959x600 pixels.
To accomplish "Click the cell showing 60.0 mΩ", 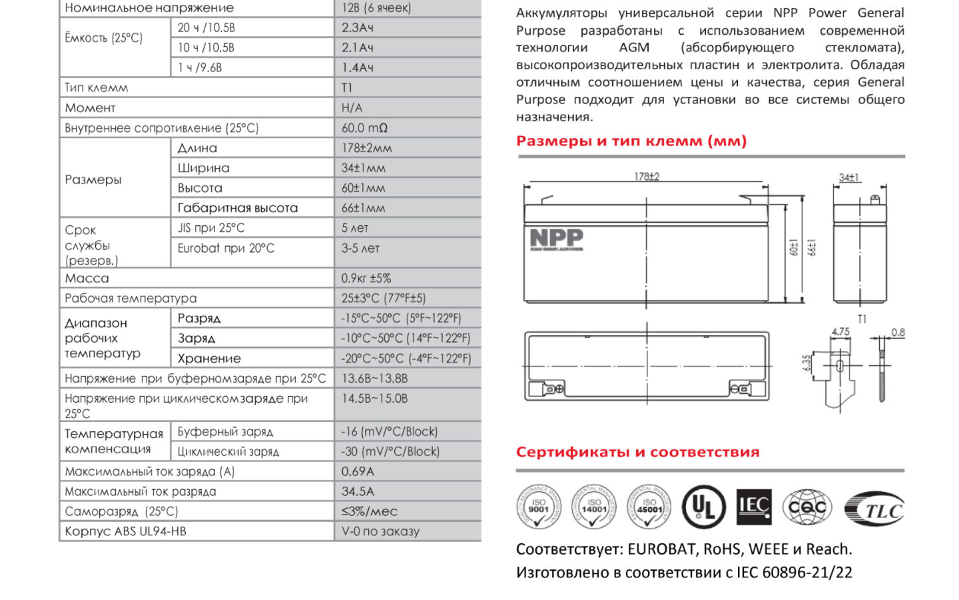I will click(364, 128).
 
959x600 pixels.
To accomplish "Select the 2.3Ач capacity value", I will click(358, 28).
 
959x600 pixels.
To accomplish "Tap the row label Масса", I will click(87, 278).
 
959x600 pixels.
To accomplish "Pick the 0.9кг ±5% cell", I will click(366, 278).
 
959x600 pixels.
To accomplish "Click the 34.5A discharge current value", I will click(358, 491).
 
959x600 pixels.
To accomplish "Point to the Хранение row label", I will click(209, 359).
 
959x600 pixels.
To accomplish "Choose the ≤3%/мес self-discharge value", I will click(369, 511).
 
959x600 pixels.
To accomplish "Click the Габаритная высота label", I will click(238, 208).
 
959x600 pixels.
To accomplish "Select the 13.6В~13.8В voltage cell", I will click(374, 378).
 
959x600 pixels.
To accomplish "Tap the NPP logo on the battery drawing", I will click(556, 239).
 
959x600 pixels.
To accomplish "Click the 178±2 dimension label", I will click(646, 177).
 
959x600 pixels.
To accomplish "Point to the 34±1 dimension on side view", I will click(848, 177).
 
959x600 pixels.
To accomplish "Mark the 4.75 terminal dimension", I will click(840, 331).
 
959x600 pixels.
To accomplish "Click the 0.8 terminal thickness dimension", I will click(898, 332).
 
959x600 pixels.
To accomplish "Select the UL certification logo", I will click(704, 507).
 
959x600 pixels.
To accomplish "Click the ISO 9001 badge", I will click(538, 507).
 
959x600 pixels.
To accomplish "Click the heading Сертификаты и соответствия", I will click(637, 452).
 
